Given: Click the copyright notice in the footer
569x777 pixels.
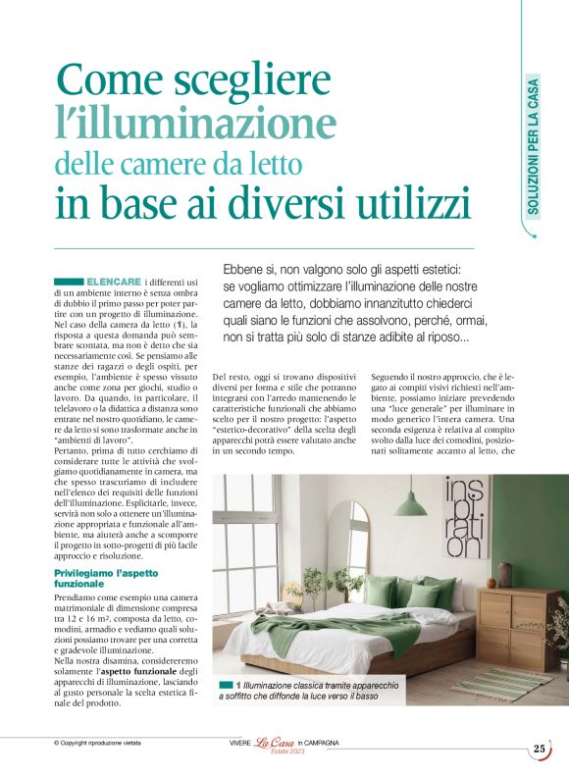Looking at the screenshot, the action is [x=97, y=743].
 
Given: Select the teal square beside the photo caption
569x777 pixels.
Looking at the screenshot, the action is [x=227, y=683].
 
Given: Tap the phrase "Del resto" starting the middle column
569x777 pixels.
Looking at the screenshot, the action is [x=231, y=376].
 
